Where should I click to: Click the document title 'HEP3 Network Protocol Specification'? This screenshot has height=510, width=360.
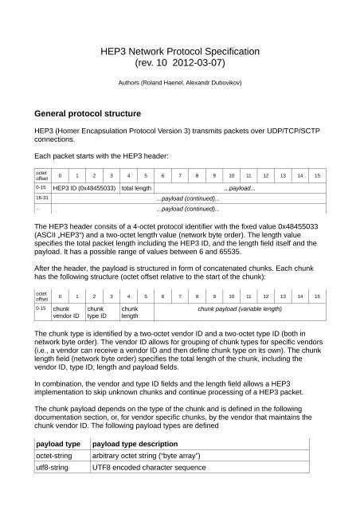(179, 50)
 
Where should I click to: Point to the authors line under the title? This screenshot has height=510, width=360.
(179, 82)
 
